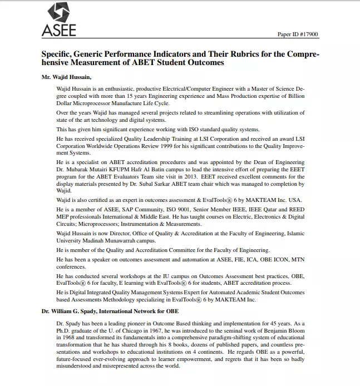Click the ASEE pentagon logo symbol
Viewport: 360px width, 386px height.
[x=58, y=12]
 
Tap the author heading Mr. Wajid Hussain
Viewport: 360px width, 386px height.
[x=67, y=76]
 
